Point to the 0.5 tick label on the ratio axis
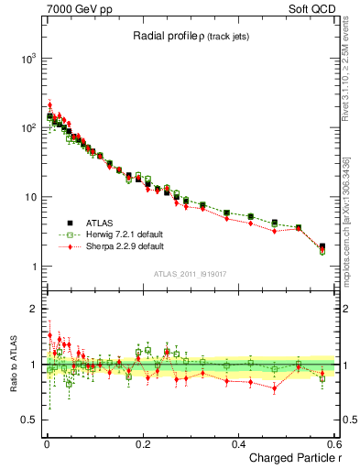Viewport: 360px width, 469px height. pos(25,420)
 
